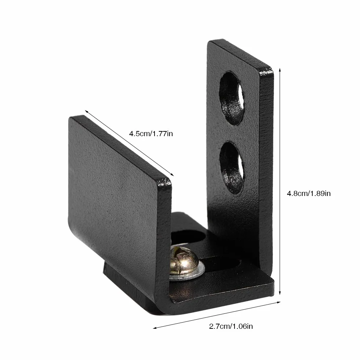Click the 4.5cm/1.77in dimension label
151,133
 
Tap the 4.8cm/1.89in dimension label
309,193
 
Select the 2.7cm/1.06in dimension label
231,326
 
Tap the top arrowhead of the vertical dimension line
280,70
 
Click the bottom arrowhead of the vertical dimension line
280,293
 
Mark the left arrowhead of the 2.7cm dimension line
155,328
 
